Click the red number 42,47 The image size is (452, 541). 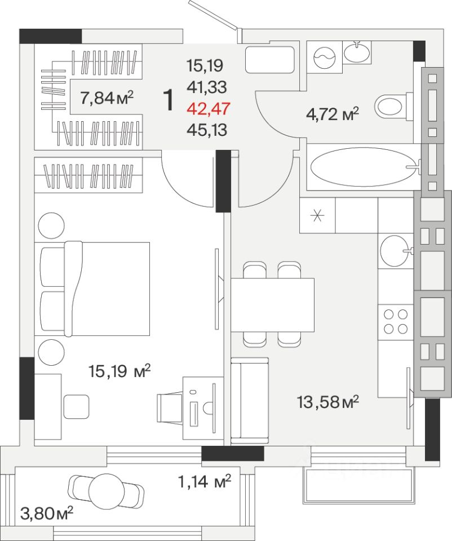coord(208,109)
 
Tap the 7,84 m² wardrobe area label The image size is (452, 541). coord(107,98)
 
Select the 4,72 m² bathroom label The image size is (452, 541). coord(333,114)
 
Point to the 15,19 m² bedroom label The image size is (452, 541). coord(119,371)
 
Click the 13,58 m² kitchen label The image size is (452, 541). coord(328,402)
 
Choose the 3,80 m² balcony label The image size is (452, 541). coord(47,513)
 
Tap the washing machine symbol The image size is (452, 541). coord(325,57)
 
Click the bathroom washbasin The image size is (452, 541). coord(357,52)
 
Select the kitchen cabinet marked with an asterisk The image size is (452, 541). coord(317,215)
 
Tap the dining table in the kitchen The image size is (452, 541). coord(273,305)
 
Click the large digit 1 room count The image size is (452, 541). coord(169,100)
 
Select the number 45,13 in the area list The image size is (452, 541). coord(207,130)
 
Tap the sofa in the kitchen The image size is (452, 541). coord(250,401)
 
